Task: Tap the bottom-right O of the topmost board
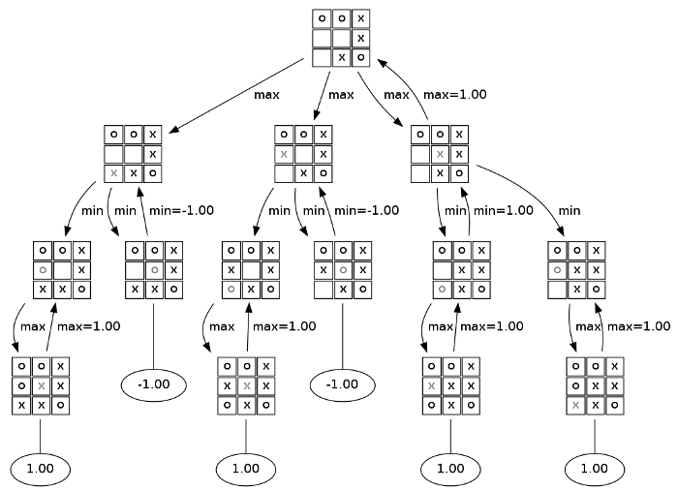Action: pyautogui.click(x=360, y=57)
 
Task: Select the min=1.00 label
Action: pyautogui.click(x=502, y=209)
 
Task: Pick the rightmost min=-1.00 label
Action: pyautogui.click(x=368, y=209)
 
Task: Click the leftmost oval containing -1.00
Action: pyautogui.click(x=153, y=383)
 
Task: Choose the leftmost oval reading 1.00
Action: pyautogui.click(x=40, y=469)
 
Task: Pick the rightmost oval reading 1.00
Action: pyautogui.click(x=594, y=469)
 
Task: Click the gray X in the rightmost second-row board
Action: pyautogui.click(x=440, y=154)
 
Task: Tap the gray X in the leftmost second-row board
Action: pyautogui.click(x=114, y=173)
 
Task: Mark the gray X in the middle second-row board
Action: pyautogui.click(x=283, y=154)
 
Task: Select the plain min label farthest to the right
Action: pyautogui.click(x=569, y=209)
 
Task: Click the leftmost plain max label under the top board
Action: pyautogui.click(x=267, y=95)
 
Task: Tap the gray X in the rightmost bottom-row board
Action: pyautogui.click(x=575, y=405)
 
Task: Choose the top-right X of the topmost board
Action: pyautogui.click(x=360, y=18)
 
